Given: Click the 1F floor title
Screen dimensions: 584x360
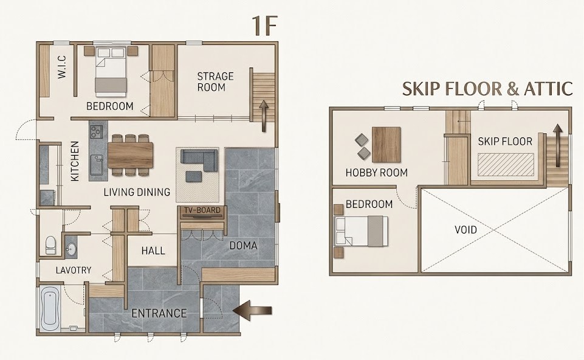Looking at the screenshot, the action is [x=265, y=26].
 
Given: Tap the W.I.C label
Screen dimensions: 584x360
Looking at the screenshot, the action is [x=62, y=67].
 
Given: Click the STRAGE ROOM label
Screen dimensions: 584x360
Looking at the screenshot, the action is [x=215, y=82].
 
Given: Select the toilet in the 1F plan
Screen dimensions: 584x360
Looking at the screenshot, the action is [x=50, y=245].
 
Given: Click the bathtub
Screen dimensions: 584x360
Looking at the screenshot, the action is [x=50, y=308].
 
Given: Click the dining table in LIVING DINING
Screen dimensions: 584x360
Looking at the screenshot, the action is [x=131, y=154].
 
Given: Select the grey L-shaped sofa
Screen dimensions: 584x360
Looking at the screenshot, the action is [x=199, y=161].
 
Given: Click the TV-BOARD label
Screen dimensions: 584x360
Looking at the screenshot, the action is [x=202, y=210].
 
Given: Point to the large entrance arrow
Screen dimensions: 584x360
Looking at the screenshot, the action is [x=252, y=310].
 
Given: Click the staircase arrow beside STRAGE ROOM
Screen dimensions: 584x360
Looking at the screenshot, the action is [x=264, y=116].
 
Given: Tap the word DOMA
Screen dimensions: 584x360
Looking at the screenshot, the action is [x=243, y=246].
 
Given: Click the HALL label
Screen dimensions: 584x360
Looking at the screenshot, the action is [x=153, y=251].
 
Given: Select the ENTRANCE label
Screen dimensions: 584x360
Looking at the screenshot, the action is [x=159, y=313].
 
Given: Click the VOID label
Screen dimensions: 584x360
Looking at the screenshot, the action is [x=465, y=230].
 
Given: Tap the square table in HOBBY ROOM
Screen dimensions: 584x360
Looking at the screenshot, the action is [x=386, y=145].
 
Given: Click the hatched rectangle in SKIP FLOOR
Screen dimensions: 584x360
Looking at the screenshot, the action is [x=506, y=164].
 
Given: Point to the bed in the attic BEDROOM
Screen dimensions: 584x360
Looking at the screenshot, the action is [x=361, y=231].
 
